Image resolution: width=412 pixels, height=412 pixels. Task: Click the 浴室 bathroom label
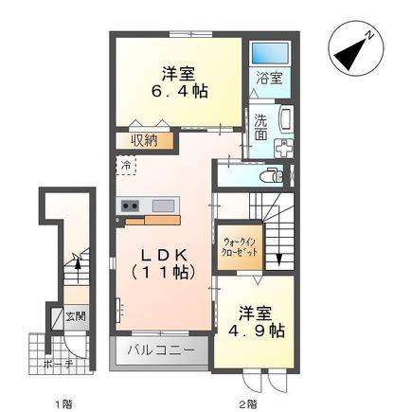(x=267, y=80)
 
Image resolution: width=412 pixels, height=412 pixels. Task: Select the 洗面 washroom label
(x=260, y=127)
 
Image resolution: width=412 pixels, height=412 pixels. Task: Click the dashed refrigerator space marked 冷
(x=127, y=166)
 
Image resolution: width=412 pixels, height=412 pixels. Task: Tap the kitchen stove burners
(x=129, y=205)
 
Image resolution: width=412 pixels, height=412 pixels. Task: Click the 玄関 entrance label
(x=75, y=316)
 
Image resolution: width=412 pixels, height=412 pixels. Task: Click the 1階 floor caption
(x=63, y=404)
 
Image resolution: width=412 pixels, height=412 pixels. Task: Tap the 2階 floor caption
(x=246, y=404)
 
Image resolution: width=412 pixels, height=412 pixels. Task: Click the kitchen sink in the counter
(x=161, y=205)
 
